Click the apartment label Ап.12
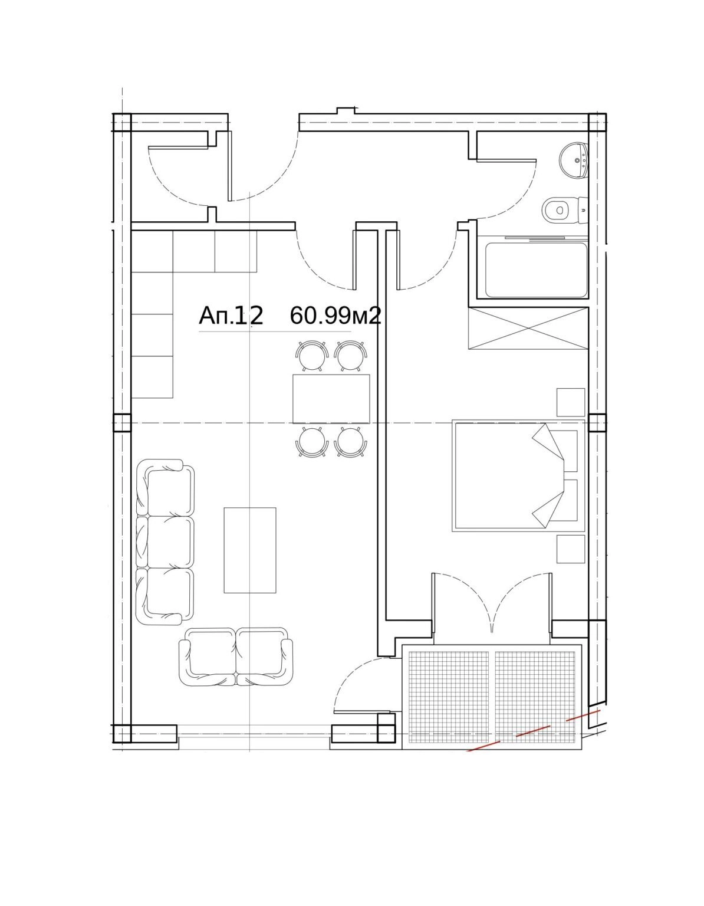pos(231,316)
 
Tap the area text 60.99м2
pos(335,316)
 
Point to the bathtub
pos(536,270)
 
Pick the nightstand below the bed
pos(571,549)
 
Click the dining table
pos(331,399)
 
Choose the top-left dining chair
pos(312,356)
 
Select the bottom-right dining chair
pos(351,442)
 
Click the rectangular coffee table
pos(250,550)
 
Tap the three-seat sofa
pos(165,542)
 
